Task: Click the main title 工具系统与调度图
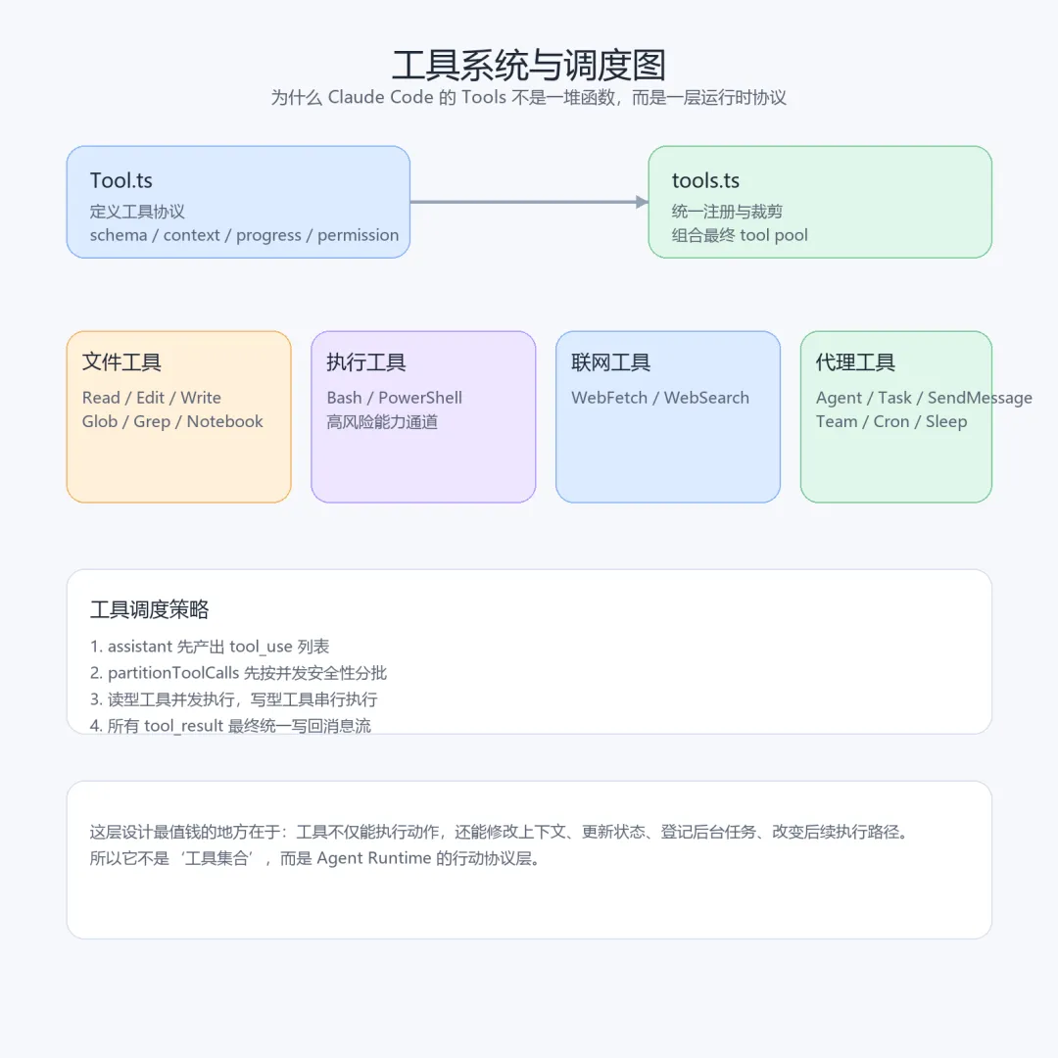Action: click(529, 65)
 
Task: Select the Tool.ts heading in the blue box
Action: click(121, 180)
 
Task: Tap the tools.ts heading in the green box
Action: click(705, 180)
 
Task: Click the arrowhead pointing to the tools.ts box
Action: click(643, 202)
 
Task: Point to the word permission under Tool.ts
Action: click(358, 235)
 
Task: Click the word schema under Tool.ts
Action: click(119, 235)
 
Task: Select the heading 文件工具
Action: click(121, 362)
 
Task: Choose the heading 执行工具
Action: click(366, 362)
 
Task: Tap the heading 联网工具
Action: click(611, 362)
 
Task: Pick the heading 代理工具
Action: click(856, 362)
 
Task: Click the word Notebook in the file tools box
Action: click(225, 421)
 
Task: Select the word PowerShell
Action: click(420, 398)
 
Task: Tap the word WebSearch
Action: click(706, 398)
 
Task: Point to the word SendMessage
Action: click(980, 398)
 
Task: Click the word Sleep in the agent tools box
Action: click(946, 421)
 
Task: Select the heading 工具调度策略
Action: click(150, 609)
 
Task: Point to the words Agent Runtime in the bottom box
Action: click(374, 858)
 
